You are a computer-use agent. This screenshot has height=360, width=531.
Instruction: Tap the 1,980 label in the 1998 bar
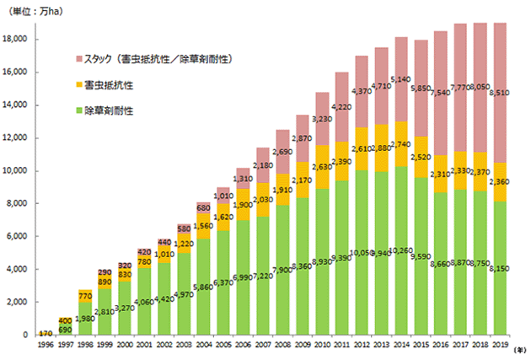coord(83,294)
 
